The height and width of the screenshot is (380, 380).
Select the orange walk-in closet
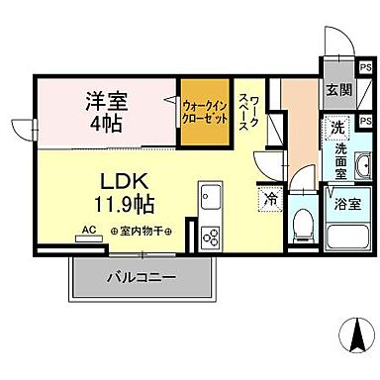pos(205,113)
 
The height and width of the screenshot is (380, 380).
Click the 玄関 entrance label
pos(339,89)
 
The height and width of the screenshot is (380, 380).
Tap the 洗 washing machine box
pos(338,127)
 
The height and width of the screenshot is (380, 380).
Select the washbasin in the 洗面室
pos(361,164)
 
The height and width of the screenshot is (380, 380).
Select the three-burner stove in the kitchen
pos(212,237)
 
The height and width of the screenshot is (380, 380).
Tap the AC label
pos(89,230)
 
